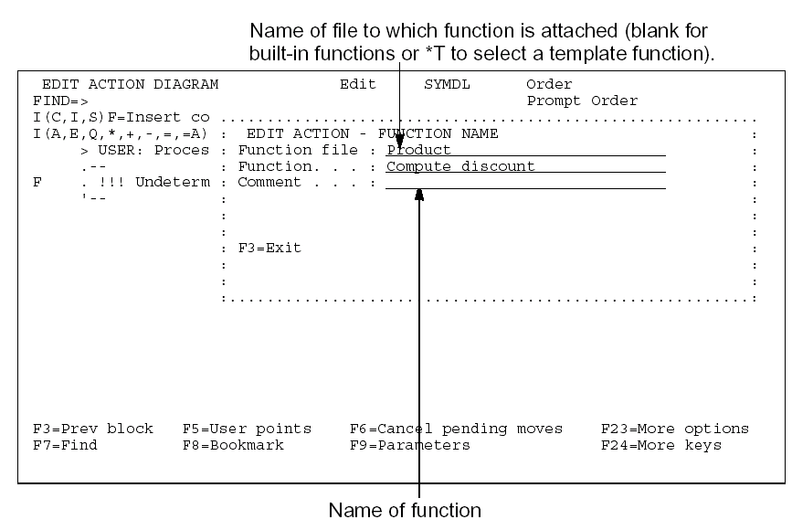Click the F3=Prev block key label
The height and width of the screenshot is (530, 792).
coord(92,429)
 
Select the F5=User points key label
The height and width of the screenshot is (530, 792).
coord(247,429)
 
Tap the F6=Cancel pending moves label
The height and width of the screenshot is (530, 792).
coord(456,429)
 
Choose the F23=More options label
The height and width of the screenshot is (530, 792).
coord(674,429)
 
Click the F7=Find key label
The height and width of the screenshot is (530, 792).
coord(65,445)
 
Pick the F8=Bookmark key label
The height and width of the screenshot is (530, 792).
coord(233,445)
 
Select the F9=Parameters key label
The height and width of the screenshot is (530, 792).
coord(410,445)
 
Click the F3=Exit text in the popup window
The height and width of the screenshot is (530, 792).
coord(269,248)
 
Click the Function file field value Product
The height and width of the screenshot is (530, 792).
coord(419,150)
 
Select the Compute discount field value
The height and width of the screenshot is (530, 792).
coord(460,166)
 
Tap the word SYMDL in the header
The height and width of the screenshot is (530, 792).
coord(447,84)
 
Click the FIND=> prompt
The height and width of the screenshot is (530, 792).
coord(59,101)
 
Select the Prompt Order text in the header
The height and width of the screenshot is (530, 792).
coord(582,101)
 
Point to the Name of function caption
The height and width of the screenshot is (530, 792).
coord(404,510)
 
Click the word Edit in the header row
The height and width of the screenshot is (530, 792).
coord(357,84)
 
